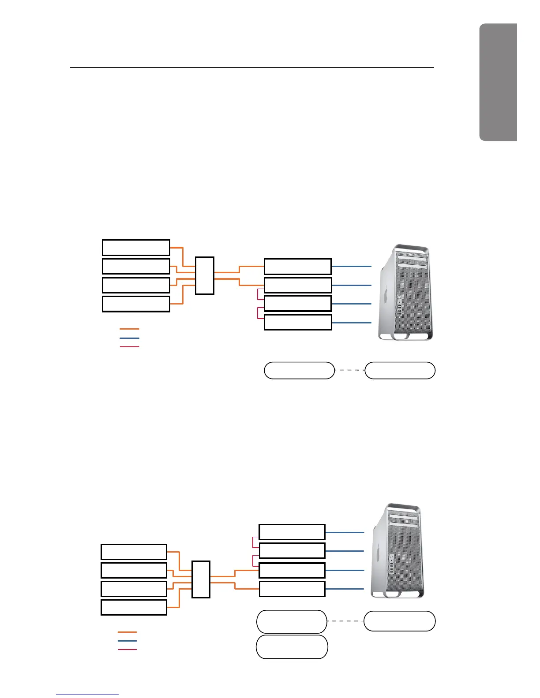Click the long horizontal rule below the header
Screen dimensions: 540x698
coord(252,67)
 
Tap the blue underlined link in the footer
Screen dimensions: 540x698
coord(87,694)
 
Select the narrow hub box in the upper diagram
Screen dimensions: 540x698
coord(205,275)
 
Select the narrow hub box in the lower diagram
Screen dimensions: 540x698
coord(201,579)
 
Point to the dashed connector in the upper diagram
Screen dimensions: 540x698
coord(350,370)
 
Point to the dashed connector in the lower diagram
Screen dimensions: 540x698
coord(345,621)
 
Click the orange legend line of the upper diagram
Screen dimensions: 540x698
coord(129,329)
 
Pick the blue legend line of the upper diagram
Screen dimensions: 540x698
coord(129,338)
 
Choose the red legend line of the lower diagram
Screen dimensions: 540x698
coord(127,650)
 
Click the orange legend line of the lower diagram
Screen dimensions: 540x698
coord(127,632)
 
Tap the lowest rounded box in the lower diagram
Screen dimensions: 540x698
coord(292,646)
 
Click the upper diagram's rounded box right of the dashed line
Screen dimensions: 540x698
coord(400,370)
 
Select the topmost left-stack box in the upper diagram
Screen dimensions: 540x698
coord(136,248)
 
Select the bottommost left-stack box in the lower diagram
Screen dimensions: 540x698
coord(134,607)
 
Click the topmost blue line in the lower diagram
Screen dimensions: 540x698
coord(345,532)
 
